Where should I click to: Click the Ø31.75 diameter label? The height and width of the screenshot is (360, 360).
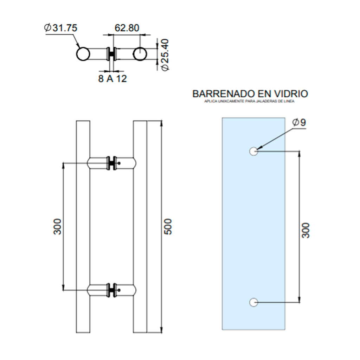61,28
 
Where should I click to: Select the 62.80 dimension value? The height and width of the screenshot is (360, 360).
127,28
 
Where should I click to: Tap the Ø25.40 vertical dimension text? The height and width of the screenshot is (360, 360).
165,54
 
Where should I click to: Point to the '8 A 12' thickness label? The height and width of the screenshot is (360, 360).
112,79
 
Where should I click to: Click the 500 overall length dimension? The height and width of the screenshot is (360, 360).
168,227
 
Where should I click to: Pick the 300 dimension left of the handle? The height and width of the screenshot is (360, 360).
57,227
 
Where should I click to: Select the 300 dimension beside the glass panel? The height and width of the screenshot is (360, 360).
306,230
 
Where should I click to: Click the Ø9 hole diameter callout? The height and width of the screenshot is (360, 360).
299,122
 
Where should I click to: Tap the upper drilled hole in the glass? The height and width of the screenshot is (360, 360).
253,152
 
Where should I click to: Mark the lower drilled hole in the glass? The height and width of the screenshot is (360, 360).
253,302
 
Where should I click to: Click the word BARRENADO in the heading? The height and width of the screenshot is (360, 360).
224,94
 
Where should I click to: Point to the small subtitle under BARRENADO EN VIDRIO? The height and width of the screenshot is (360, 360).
249,101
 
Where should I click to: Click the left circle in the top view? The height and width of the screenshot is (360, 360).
83,54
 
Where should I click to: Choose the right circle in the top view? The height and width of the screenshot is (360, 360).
140,54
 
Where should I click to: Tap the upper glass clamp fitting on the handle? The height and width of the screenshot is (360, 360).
112,163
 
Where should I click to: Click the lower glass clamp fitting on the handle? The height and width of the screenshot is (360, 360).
112,290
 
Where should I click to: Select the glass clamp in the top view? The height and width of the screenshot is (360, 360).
112,54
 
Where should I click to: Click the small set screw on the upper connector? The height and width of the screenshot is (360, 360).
119,163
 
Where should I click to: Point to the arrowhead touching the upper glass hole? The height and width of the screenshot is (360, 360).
259,148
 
